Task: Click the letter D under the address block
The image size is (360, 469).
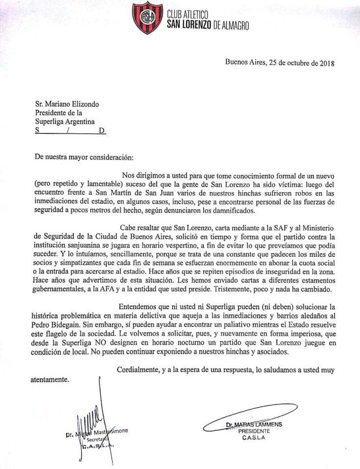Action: tap(101, 131)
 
